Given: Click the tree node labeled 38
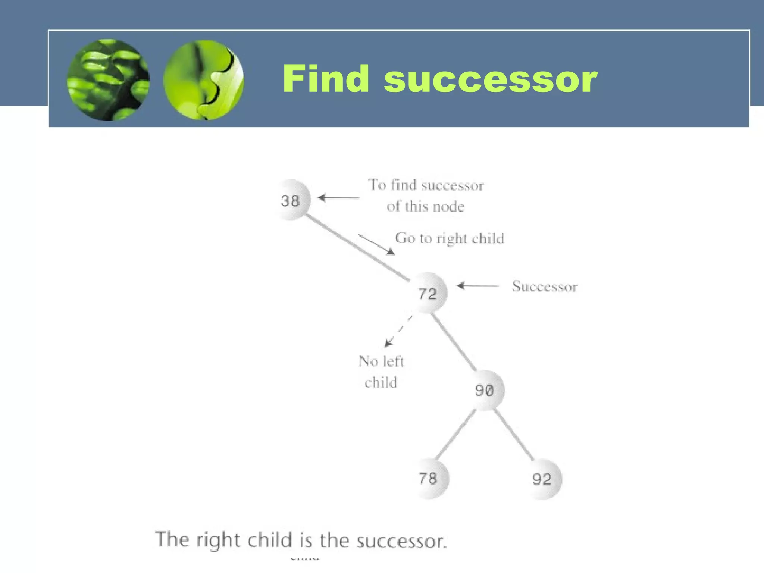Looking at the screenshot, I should coord(291,200).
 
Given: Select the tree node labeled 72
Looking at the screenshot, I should coord(428,293).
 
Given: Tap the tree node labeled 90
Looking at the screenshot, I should coord(485,390).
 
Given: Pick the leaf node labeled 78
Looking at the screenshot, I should coord(428,479).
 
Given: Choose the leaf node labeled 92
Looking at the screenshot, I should coord(542,479).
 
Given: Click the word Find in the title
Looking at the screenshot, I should coord(326,79).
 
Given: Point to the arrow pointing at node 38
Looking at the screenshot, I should coord(338,198).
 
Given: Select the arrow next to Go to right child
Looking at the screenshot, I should coord(376,245).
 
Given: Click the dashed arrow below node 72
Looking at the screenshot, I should coord(398,331).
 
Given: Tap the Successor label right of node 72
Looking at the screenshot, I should coord(545,286).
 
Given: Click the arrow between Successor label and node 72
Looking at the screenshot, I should coord(477,286).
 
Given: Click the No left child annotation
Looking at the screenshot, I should coord(381,372).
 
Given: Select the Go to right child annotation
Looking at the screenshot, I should coord(450,238).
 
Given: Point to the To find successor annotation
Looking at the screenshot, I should coord(426,195).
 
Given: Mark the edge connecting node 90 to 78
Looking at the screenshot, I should coord(455,435).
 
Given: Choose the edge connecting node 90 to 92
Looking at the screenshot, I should coord(514,435).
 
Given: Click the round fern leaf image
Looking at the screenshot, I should coord(108,80).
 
